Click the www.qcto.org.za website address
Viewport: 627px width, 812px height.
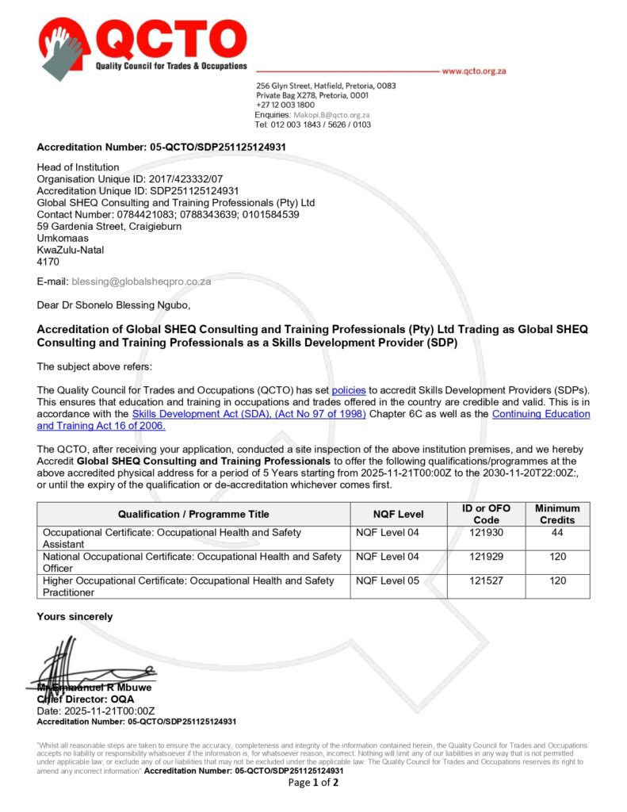(x=473, y=71)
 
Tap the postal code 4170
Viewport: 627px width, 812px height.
(x=48, y=260)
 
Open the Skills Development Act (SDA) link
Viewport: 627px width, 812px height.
(x=249, y=414)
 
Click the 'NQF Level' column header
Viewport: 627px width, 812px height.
(x=398, y=514)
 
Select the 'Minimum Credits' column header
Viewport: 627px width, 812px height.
(x=557, y=514)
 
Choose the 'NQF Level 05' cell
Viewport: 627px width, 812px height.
(x=388, y=580)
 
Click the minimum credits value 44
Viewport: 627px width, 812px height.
(x=557, y=533)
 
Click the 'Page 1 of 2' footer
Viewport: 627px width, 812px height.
(x=313, y=783)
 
